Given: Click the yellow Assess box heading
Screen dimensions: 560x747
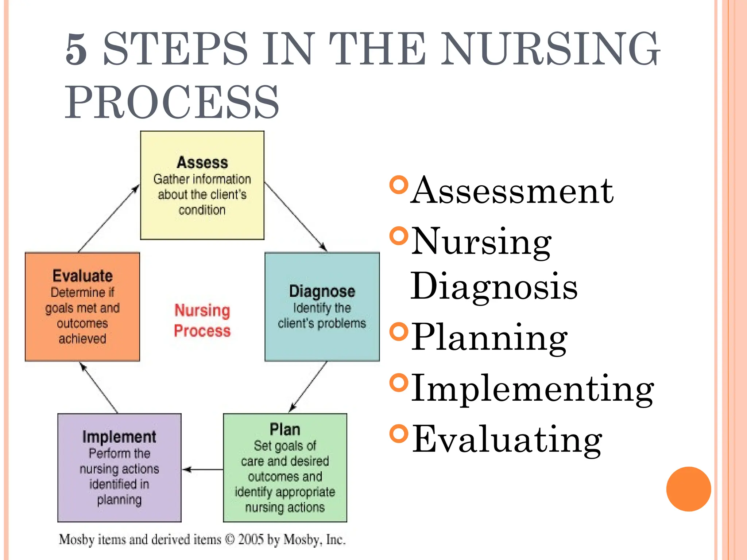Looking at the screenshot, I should tap(202, 163).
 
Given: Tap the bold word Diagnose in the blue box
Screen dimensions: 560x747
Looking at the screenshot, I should tap(322, 291).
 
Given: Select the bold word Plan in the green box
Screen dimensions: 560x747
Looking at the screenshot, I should tap(285, 429).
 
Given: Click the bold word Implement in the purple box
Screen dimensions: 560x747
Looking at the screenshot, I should tap(119, 437).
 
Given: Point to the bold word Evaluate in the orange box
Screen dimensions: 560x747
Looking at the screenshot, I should tap(82, 276).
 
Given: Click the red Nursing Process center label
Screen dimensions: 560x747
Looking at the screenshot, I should tap(202, 320).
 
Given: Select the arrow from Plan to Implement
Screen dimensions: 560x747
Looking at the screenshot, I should tap(202, 470).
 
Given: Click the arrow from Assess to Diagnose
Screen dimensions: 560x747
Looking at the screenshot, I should tap(295, 217).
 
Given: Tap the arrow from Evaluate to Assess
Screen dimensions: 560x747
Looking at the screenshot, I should tap(109, 218).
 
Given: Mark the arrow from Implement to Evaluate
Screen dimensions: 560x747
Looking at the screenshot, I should tap(98, 388).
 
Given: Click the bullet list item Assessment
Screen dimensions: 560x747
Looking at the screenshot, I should tap(512, 191).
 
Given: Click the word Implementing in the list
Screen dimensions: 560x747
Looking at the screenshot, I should tap(532, 389).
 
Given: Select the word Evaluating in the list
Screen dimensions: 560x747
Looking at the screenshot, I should tap(507, 440).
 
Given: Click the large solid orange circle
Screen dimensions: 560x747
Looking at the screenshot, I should tap(688, 489).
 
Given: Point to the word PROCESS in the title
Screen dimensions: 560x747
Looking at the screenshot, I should tap(172, 102).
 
